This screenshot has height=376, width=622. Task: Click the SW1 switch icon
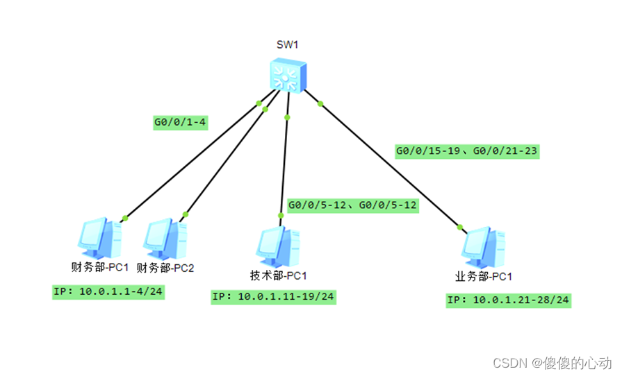[287, 76]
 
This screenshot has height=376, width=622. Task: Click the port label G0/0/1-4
[181, 123]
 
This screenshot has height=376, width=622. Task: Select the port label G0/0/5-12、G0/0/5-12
[352, 205]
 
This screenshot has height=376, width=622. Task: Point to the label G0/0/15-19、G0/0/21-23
[467, 151]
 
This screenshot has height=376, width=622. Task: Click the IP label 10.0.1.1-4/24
[108, 291]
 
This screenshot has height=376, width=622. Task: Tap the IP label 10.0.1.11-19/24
[273, 297]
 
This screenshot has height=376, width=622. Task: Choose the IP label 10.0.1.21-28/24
[509, 300]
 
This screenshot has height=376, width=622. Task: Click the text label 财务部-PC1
[101, 267]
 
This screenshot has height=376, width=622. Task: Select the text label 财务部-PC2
[165, 267]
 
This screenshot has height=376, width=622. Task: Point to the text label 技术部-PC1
[278, 275]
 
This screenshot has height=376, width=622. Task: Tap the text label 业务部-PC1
[484, 277]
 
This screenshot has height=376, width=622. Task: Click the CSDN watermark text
[552, 362]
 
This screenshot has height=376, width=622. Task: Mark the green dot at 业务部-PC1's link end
[459, 226]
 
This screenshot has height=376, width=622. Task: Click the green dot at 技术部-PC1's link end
[281, 216]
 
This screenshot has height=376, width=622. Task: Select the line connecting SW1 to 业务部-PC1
[389, 165]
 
